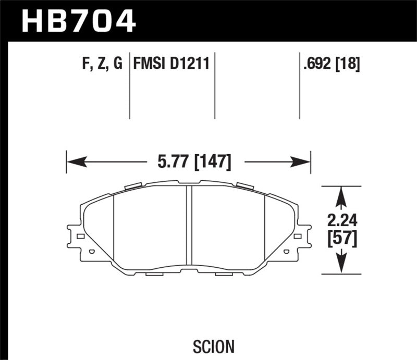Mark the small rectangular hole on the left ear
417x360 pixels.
pos(80,237)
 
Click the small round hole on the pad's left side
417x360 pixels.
pos(92,252)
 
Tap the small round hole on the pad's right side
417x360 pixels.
pos(286,252)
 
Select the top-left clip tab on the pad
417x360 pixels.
pos(133,186)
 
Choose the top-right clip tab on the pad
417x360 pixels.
pos(244,186)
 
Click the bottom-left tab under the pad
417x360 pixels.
pos(155,274)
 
